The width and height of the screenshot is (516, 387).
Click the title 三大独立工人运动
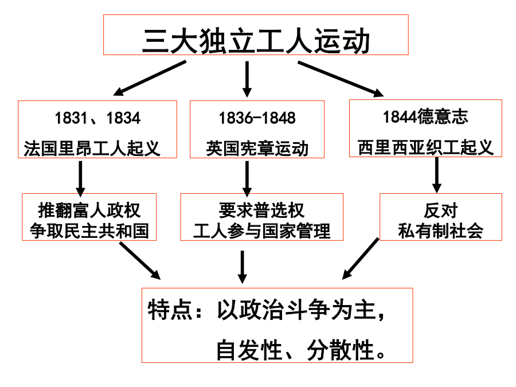pyautogui.click(x=256, y=41)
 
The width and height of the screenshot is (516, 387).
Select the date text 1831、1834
pyautogui.click(x=97, y=118)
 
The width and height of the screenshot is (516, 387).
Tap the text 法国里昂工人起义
pyautogui.click(x=92, y=148)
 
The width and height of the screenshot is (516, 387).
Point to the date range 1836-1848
pyautogui.click(x=257, y=118)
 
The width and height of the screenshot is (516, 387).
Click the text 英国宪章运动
pyautogui.click(x=257, y=148)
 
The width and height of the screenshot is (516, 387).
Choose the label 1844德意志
pyautogui.click(x=425, y=116)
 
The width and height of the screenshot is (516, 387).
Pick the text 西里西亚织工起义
pyautogui.click(x=425, y=147)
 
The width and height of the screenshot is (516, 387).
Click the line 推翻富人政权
pyautogui.click(x=89, y=210)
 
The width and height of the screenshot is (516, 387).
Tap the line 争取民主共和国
pyautogui.click(x=89, y=230)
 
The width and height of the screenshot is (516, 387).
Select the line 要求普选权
pyautogui.click(x=261, y=210)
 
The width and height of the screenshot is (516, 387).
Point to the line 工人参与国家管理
pyautogui.click(x=261, y=230)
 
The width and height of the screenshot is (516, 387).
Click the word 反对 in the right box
pyautogui.click(x=441, y=210)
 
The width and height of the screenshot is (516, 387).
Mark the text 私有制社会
pyautogui.click(x=441, y=230)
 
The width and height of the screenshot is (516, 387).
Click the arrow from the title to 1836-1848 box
pyautogui.click(x=247, y=79)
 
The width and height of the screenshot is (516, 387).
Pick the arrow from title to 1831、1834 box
pyautogui.click(x=150, y=79)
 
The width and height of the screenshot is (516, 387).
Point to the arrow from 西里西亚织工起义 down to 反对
pyautogui.click(x=437, y=175)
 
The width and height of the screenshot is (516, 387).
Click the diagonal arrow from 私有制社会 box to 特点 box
pyautogui.click(x=361, y=259)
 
